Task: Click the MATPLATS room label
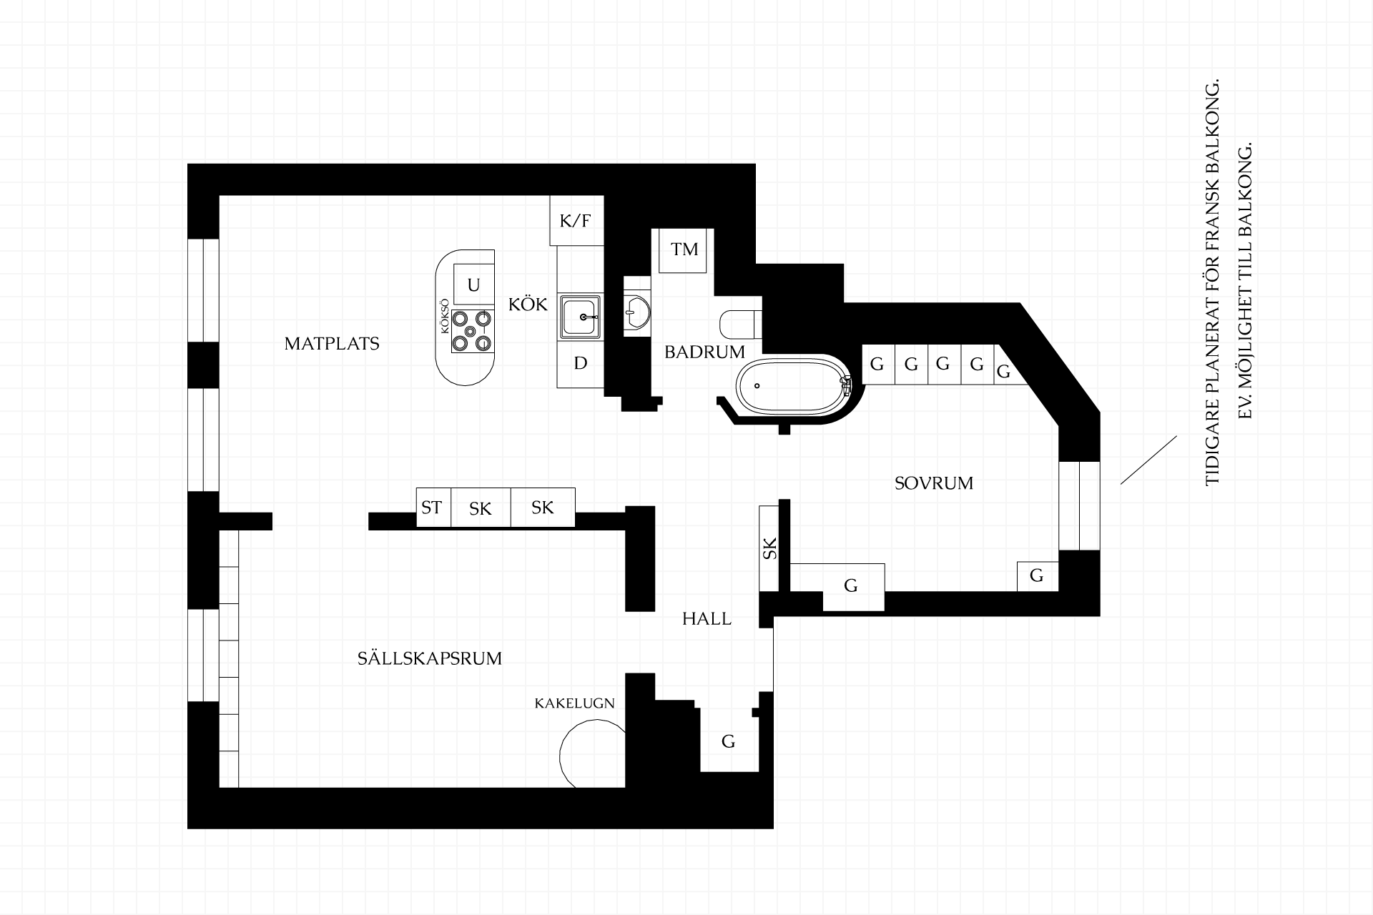332,344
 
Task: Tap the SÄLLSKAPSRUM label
430,658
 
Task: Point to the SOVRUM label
934,483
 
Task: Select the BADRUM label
704,352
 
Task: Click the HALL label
707,619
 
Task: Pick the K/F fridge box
576,221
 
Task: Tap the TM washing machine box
684,250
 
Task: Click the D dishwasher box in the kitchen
581,363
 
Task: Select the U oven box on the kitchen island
473,285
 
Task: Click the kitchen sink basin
580,316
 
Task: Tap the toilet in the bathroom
741,324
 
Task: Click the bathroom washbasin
636,309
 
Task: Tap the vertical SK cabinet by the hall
769,548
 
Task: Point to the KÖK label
528,305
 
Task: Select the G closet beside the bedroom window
1037,576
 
